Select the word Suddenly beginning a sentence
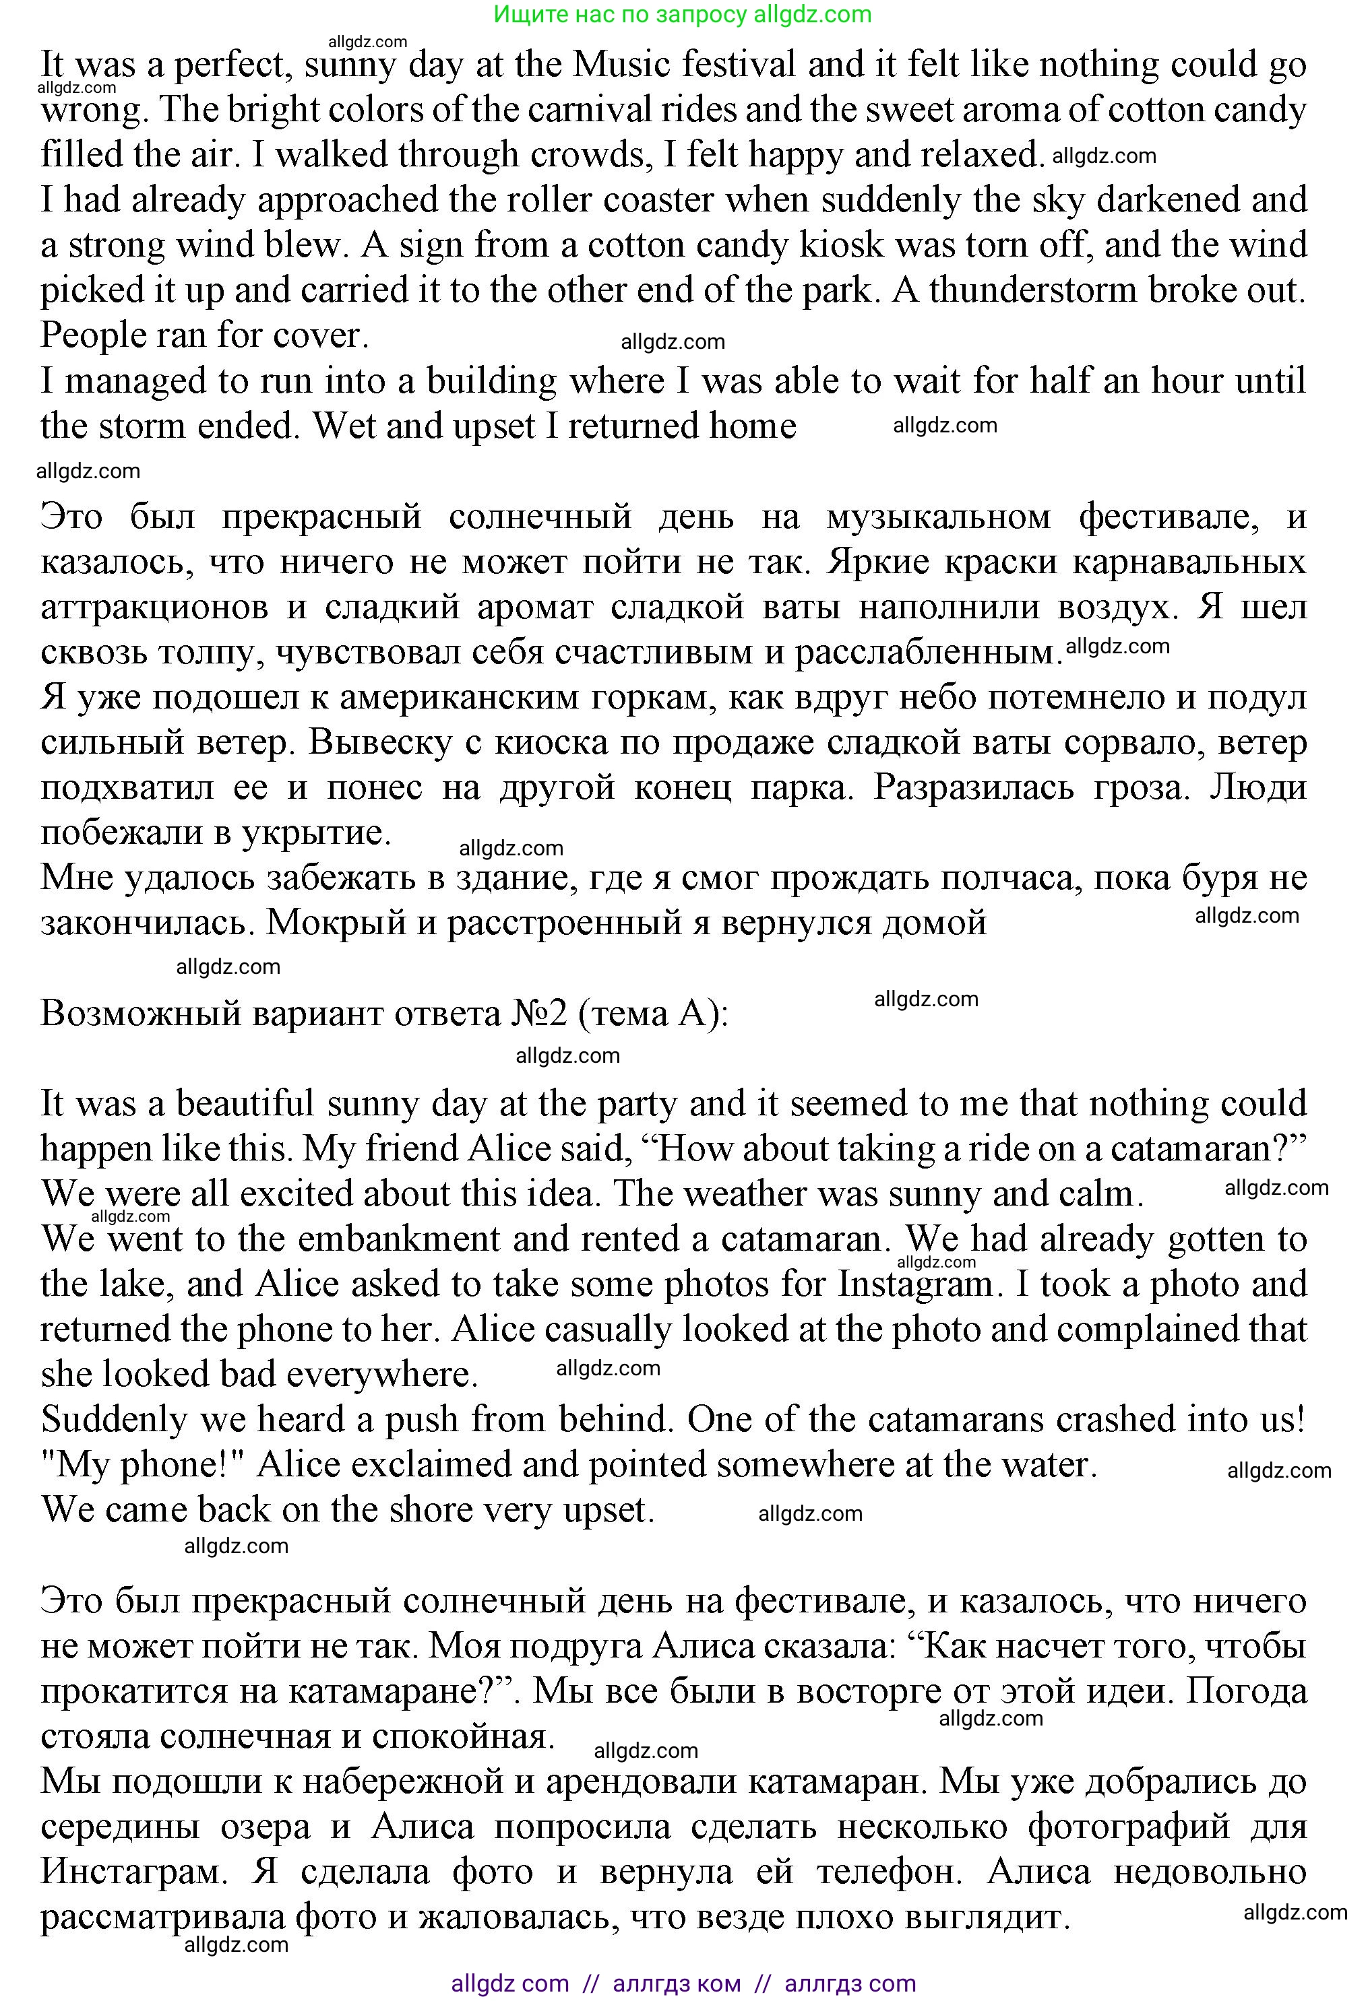tap(113, 1420)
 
